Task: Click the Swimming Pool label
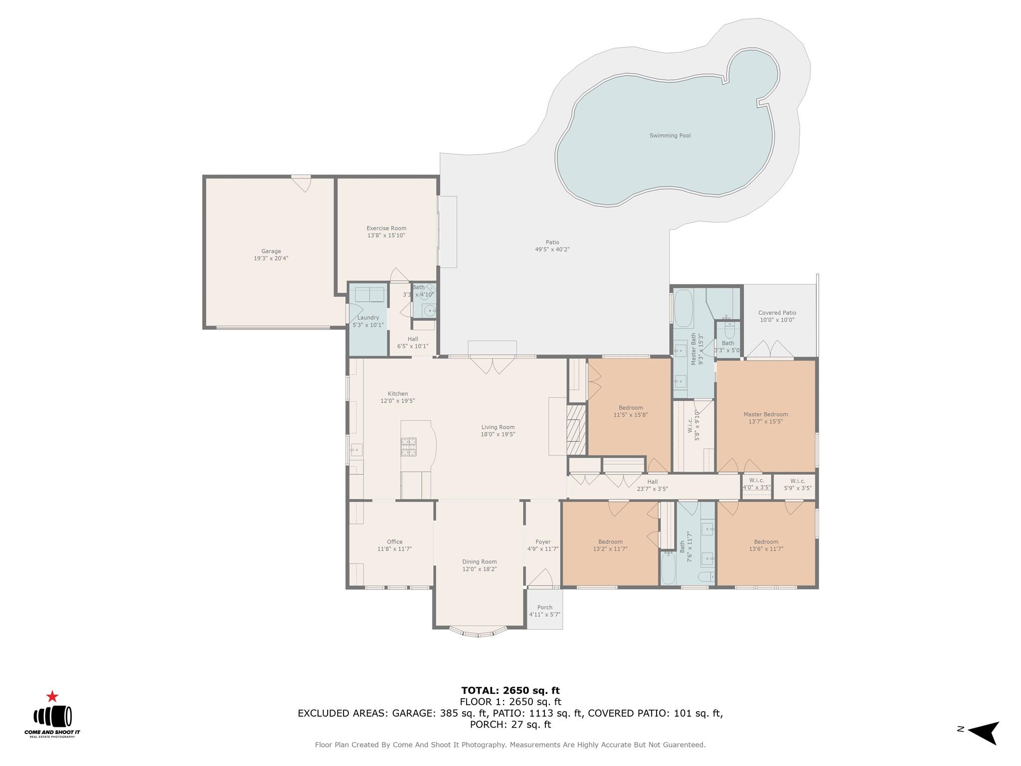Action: coord(670,136)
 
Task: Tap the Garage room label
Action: coord(271,251)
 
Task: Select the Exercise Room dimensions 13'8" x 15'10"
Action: coord(386,235)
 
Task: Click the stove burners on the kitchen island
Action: coord(408,446)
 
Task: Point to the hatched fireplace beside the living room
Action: coord(576,429)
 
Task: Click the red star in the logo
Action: coord(52,697)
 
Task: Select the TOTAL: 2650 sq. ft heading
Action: coord(510,691)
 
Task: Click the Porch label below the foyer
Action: coord(544,607)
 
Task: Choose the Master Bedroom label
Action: coord(765,414)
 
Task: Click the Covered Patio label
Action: coord(777,313)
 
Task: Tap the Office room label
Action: coord(394,542)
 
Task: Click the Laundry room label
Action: coord(368,318)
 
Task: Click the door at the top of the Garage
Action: coord(301,183)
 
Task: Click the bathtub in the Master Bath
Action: coord(683,307)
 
